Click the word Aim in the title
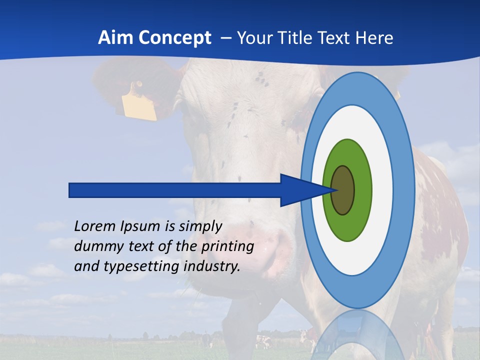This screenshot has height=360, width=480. [114, 37]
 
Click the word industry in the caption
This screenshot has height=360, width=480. [212, 266]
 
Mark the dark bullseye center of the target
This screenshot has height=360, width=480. [343, 190]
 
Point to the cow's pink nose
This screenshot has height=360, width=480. [260, 245]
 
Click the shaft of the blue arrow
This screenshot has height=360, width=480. [175, 190]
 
